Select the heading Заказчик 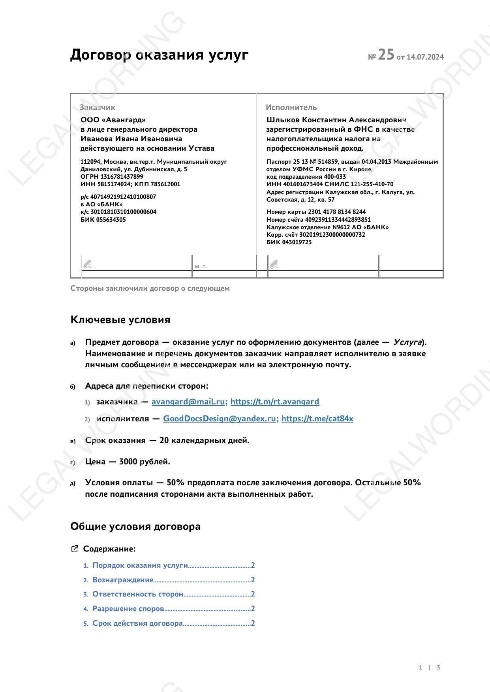98,107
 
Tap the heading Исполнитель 291,107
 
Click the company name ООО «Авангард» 113,120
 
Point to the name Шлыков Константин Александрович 336,120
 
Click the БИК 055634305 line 103,220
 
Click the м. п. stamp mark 201,267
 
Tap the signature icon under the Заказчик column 88,264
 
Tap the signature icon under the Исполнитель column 274,264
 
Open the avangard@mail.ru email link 188,402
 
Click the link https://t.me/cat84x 317,419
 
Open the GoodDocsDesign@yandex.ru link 220,419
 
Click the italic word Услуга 407,342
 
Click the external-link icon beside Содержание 74,549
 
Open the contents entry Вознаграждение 123,580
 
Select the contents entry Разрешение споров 128,609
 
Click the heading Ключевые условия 120,320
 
